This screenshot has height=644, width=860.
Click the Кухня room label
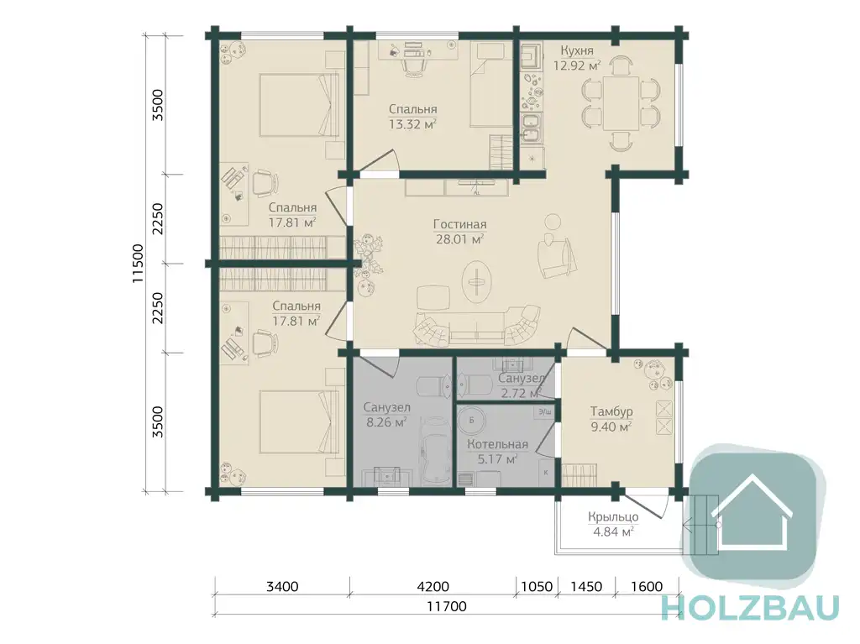pos(576,51)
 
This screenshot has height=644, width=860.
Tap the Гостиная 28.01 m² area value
pos(459,239)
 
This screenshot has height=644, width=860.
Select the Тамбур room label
pos(611,411)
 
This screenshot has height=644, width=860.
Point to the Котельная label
pos(497,444)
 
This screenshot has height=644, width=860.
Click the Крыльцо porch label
pos(613,516)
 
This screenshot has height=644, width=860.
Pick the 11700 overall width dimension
pos(447,606)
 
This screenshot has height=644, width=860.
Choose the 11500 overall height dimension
pos(138,264)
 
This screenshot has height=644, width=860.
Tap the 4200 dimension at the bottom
pos(433,586)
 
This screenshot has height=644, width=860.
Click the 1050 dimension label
pos(537,586)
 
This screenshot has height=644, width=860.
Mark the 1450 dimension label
pos(586,586)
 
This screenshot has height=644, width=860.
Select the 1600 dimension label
pos(647,586)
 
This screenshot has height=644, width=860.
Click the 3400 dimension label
pos(282,586)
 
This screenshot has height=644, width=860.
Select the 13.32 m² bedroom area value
pos(412,124)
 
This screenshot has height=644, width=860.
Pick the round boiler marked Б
pos(472,421)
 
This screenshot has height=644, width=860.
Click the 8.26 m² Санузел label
pos(386,416)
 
